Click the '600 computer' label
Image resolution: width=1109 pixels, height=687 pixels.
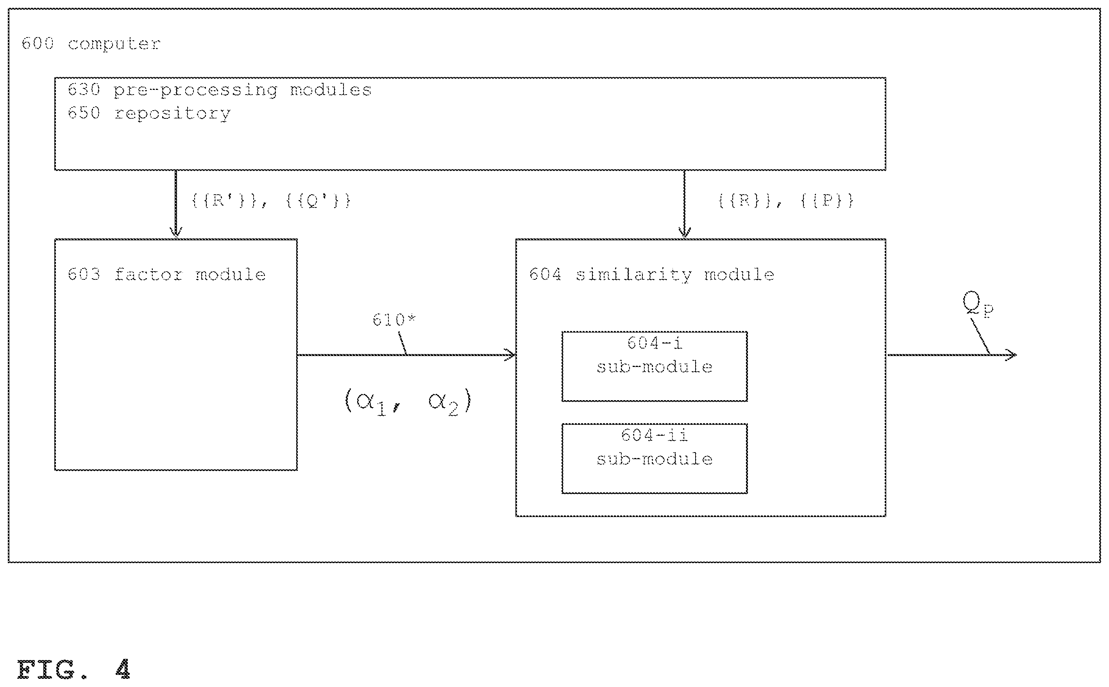pyautogui.click(x=91, y=44)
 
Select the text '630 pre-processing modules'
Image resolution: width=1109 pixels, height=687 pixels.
pyautogui.click(x=220, y=90)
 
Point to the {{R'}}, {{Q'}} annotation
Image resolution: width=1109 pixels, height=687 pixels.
pyautogui.click(x=271, y=200)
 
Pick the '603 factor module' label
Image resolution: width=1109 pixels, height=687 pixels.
pyautogui.click(x=166, y=274)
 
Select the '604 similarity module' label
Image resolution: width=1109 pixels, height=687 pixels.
pyautogui.click(x=651, y=274)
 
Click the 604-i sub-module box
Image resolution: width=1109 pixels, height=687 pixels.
pyautogui.click(x=654, y=366)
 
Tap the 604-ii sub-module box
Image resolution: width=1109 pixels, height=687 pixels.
pyautogui.click(x=654, y=458)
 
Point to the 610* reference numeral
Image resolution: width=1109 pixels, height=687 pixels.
pyautogui.click(x=394, y=320)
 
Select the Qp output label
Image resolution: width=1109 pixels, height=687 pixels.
pyautogui.click(x=978, y=304)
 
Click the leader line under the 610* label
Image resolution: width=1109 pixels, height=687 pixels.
pyautogui.click(x=402, y=343)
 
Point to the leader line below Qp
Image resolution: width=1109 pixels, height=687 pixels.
pyautogui.click(x=981, y=336)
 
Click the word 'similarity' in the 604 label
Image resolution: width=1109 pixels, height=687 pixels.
pyautogui.click(x=634, y=274)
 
